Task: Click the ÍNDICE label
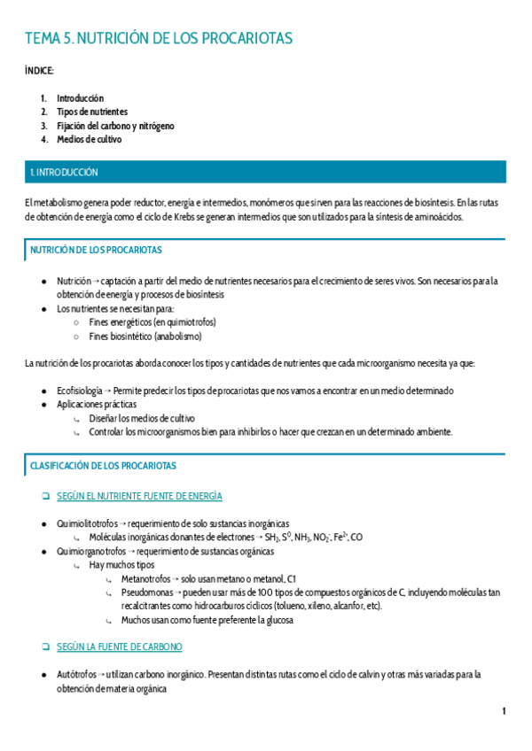coord(40,70)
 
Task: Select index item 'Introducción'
coord(80,98)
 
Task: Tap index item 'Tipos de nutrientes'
coord(92,112)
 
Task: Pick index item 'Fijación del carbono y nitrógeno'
coord(115,126)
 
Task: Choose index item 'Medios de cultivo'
coord(89,140)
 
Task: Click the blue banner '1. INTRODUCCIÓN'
coord(64,173)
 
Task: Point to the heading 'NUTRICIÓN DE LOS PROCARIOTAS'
coord(96,251)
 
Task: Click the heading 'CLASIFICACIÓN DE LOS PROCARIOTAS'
coord(103,465)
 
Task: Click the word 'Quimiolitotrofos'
coord(85,523)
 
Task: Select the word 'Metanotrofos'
coord(145,578)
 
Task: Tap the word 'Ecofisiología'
coord(80,391)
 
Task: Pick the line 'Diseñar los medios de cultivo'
coord(142,418)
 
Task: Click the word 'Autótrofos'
coord(75,675)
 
